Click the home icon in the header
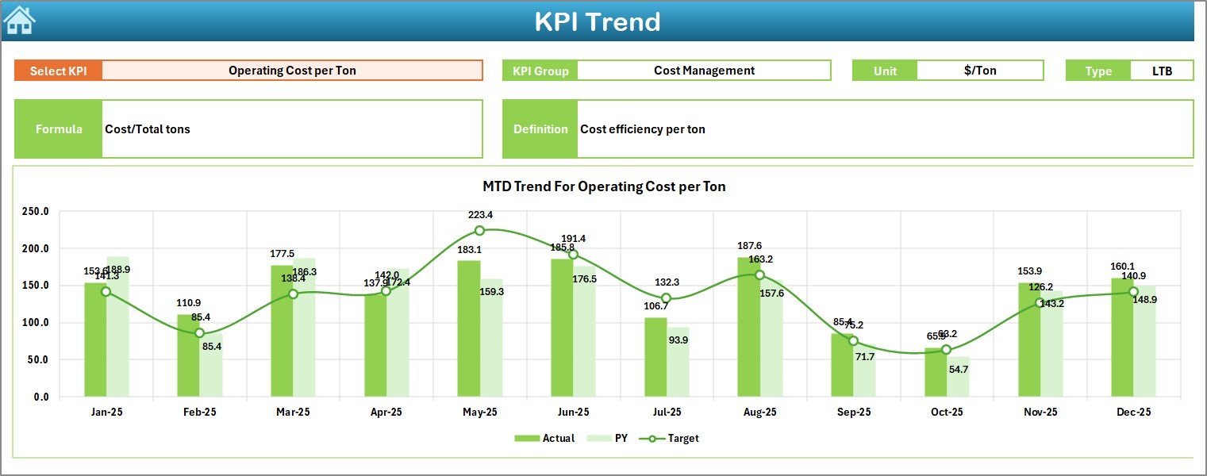point(19,21)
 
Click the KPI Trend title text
point(597,21)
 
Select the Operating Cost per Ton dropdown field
point(292,71)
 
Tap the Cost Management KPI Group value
point(704,71)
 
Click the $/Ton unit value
point(980,71)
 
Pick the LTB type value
point(1162,71)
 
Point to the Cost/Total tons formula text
point(148,129)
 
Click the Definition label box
point(540,129)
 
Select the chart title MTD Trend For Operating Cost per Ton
point(604,187)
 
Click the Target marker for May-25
point(479,231)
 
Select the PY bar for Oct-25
point(958,377)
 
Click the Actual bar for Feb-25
point(188,355)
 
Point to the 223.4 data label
point(480,215)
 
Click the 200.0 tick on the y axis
point(35,248)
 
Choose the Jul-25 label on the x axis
point(667,413)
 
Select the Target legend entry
point(673,438)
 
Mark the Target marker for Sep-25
point(853,341)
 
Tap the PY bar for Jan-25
point(117,327)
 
